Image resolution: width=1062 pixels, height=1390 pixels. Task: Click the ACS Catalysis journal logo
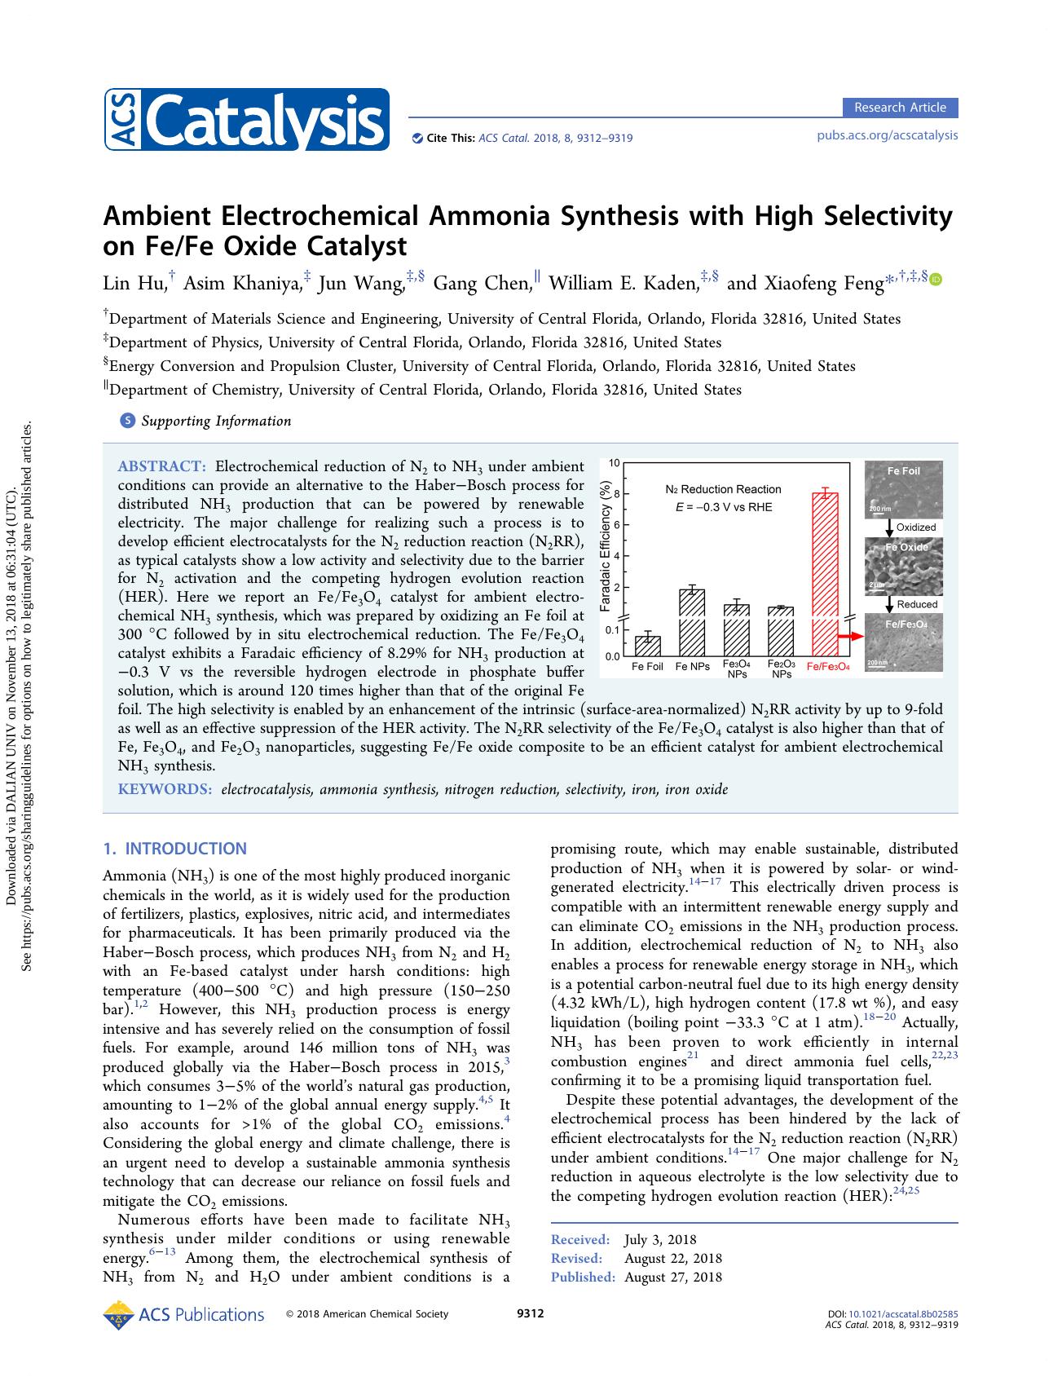(246, 120)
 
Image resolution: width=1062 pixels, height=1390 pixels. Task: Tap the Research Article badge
(900, 108)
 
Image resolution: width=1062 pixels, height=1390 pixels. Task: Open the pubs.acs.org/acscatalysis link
(887, 135)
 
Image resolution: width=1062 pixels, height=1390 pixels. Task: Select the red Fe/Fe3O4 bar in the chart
(826, 571)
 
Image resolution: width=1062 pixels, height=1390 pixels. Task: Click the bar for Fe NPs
(692, 621)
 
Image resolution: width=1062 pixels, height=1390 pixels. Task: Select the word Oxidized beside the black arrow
(916, 527)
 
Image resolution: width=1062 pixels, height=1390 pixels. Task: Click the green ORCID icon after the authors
(936, 280)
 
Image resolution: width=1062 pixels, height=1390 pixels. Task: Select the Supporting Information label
(215, 421)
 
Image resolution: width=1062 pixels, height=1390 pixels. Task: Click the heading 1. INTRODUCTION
(174, 849)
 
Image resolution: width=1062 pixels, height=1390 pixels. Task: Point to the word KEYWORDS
(165, 789)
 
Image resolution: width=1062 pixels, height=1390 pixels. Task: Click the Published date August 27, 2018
(672, 1277)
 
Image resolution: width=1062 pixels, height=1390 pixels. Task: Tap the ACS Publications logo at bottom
(184, 1315)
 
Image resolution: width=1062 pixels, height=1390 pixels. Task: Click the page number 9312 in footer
(531, 1313)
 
